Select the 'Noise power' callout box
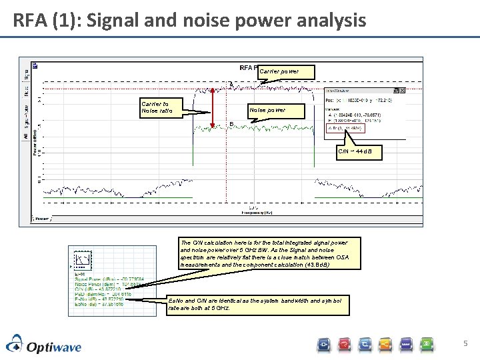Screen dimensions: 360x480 tap(267, 110)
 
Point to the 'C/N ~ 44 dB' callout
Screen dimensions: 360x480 tap(359, 151)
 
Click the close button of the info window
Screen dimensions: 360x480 tap(401, 91)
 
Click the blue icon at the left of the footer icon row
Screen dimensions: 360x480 tap(324, 344)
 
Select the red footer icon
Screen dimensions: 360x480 tap(345, 344)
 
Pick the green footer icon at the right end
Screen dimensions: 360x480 tap(427, 344)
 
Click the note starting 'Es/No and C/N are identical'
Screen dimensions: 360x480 tap(256, 305)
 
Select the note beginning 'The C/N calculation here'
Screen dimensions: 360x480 tap(264, 253)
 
